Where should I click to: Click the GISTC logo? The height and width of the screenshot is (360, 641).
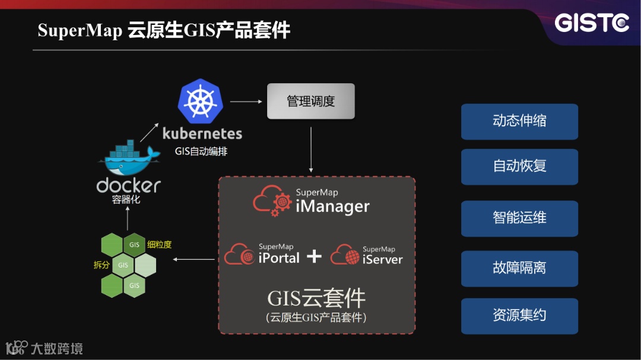pyautogui.click(x=591, y=23)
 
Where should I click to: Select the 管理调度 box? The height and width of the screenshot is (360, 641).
pyautogui.click(x=311, y=101)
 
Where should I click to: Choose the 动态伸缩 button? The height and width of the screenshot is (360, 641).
pyautogui.click(x=519, y=122)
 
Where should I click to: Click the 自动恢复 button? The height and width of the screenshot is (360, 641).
pyautogui.click(x=519, y=166)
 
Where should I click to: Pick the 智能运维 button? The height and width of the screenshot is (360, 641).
pyautogui.click(x=519, y=218)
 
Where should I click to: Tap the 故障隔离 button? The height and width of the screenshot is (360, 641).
pyautogui.click(x=519, y=268)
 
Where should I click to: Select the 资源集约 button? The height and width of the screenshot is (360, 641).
pyautogui.click(x=519, y=316)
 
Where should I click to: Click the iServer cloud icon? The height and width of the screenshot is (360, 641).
pyautogui.click(x=345, y=255)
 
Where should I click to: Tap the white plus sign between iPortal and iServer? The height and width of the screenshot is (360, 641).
pyautogui.click(x=314, y=256)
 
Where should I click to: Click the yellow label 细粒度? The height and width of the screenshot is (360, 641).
pyautogui.click(x=159, y=244)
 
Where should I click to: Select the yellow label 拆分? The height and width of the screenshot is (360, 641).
pyautogui.click(x=101, y=265)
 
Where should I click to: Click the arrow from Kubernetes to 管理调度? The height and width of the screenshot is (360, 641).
pyautogui.click(x=246, y=101)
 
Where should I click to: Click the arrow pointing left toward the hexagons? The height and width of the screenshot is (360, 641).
pyautogui.click(x=196, y=259)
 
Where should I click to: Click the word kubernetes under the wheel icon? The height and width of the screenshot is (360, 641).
pyautogui.click(x=202, y=133)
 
